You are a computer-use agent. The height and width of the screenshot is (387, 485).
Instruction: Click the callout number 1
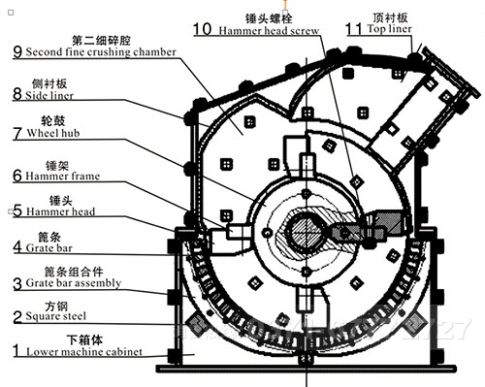pos(15,348)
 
